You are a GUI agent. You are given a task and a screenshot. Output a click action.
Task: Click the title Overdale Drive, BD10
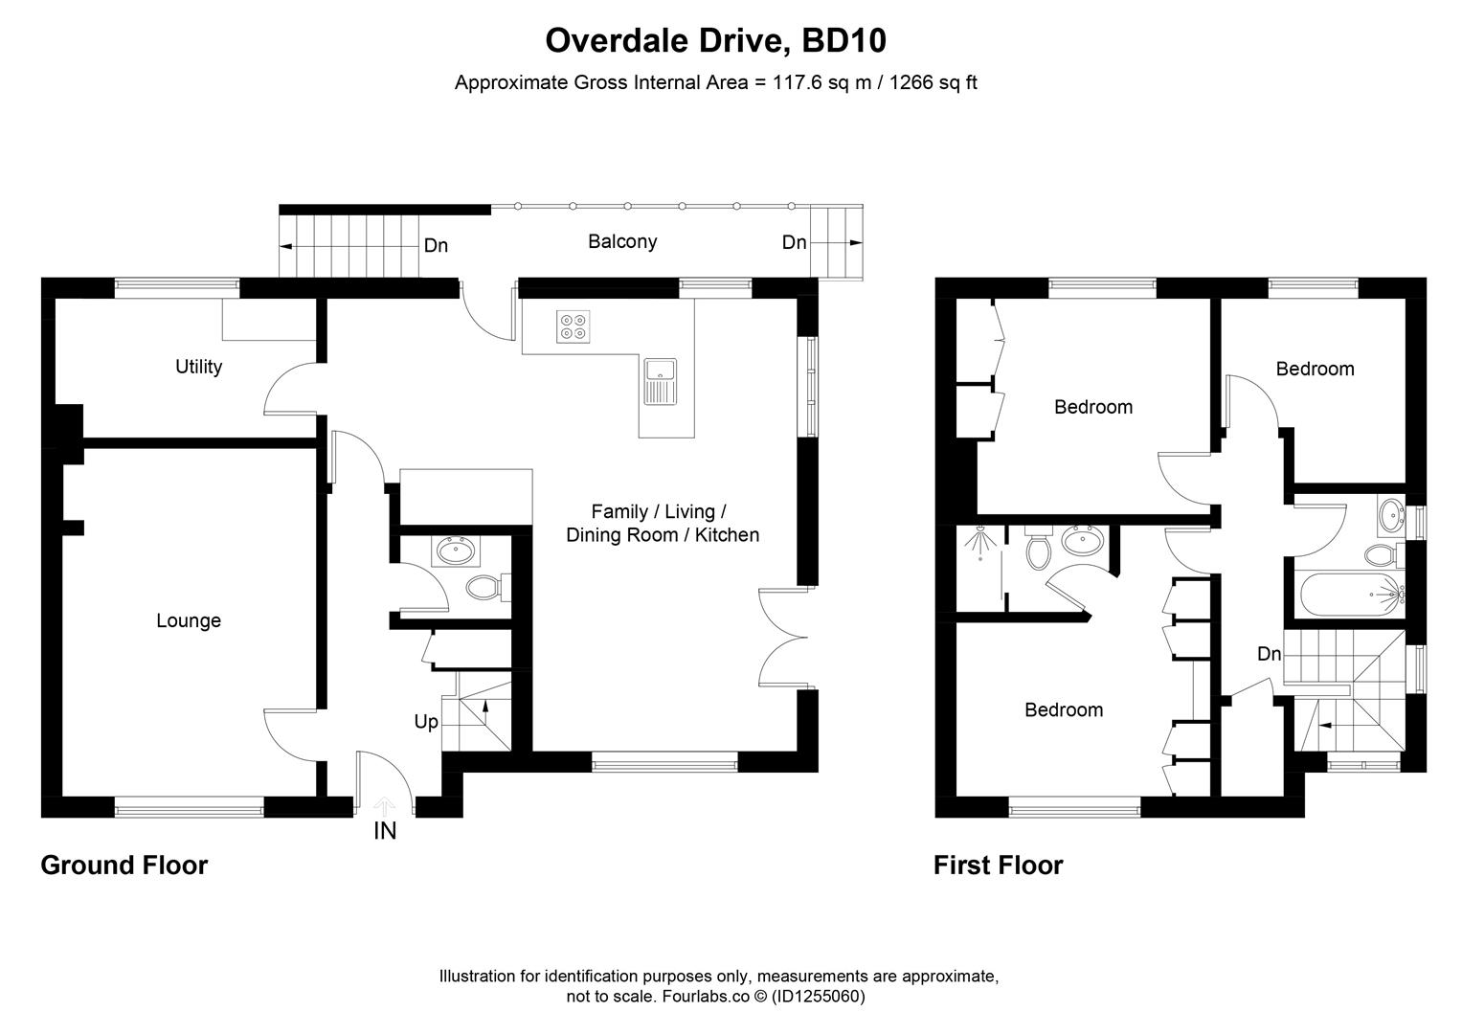pos(715,41)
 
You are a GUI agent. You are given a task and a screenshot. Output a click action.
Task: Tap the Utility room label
pos(198,367)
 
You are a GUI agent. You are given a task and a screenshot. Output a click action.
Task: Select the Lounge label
pos(189,620)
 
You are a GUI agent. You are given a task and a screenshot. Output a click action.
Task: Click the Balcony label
pos(622,241)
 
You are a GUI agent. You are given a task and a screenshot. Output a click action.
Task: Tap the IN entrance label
pos(385,831)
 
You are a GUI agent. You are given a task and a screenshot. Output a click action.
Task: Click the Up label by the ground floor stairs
pos(426,722)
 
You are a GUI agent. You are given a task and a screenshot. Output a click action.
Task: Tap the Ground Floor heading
pos(124,865)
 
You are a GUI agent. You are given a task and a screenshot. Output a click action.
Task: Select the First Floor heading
pos(998,865)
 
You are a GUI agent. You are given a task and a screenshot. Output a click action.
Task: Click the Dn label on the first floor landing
pos(1269,654)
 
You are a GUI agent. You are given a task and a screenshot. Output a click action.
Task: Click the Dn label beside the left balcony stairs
pos(436,246)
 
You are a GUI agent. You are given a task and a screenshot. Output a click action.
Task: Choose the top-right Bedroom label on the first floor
pos(1315,369)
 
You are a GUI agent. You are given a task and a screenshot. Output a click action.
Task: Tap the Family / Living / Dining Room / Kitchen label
pos(663,523)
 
